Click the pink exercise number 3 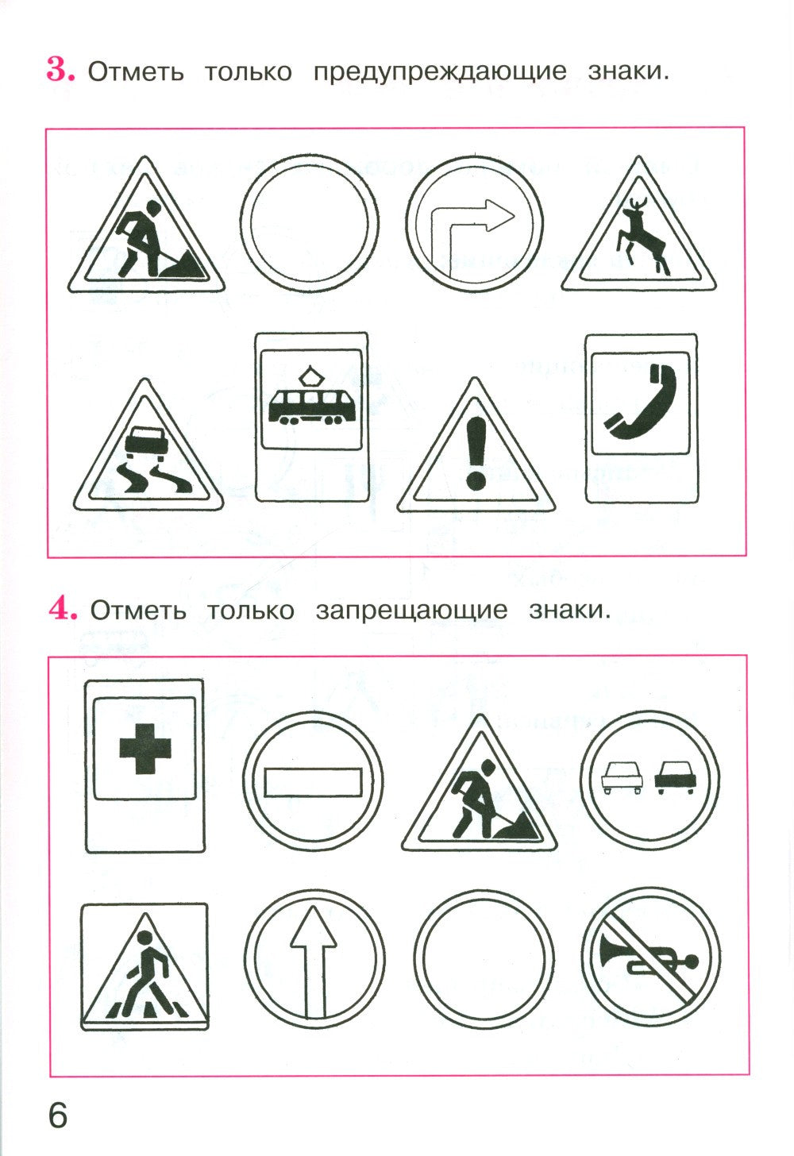tap(60, 70)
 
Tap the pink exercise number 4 tap(62, 609)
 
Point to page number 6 tap(58, 1115)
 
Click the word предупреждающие tap(440, 71)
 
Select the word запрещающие tap(411, 611)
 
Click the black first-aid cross tap(145, 750)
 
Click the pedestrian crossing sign tap(145, 966)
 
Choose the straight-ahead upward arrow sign tap(313, 958)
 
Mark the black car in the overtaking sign tap(674, 776)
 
